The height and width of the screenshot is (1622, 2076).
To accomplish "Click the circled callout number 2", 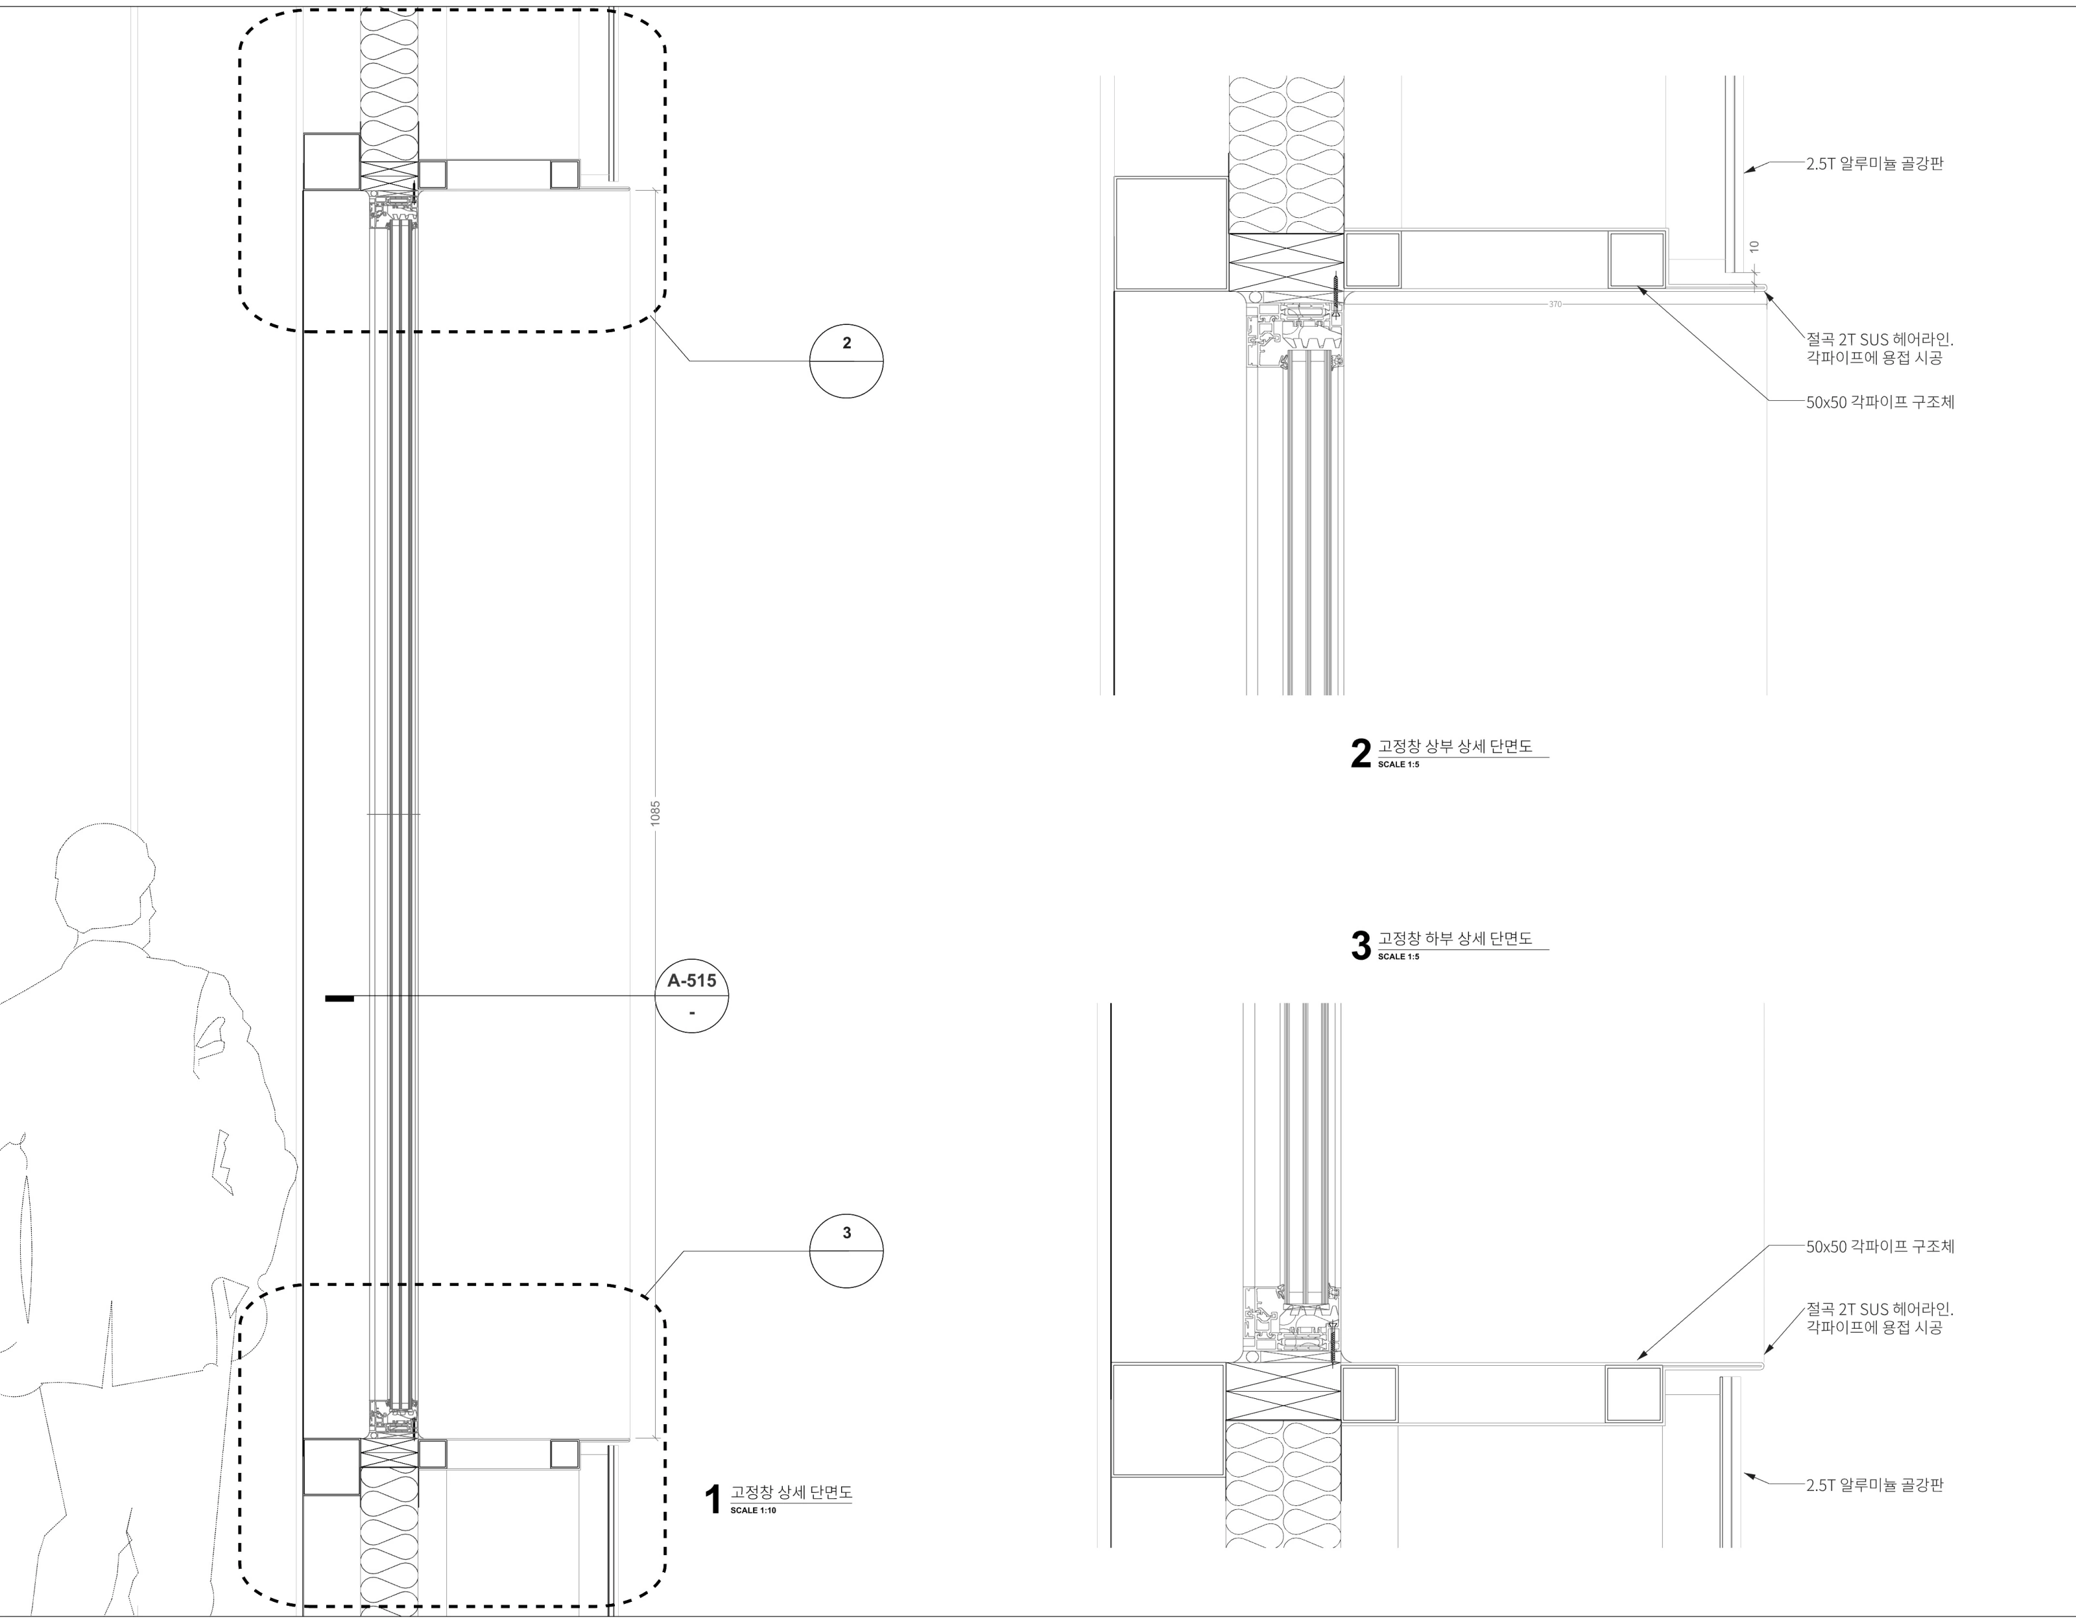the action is (x=846, y=343).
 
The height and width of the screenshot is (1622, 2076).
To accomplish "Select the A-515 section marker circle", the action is (x=692, y=996).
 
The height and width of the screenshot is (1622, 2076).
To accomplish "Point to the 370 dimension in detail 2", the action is (x=1555, y=304).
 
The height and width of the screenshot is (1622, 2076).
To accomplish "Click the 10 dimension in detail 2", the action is (x=1754, y=246).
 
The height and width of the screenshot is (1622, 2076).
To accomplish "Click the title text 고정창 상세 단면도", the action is (x=791, y=1492).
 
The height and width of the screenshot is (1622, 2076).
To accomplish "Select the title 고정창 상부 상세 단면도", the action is (x=1455, y=746).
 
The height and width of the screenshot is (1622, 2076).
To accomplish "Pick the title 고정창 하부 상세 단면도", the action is (x=1455, y=938).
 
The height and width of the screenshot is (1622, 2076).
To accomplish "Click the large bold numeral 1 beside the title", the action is (x=713, y=1500).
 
